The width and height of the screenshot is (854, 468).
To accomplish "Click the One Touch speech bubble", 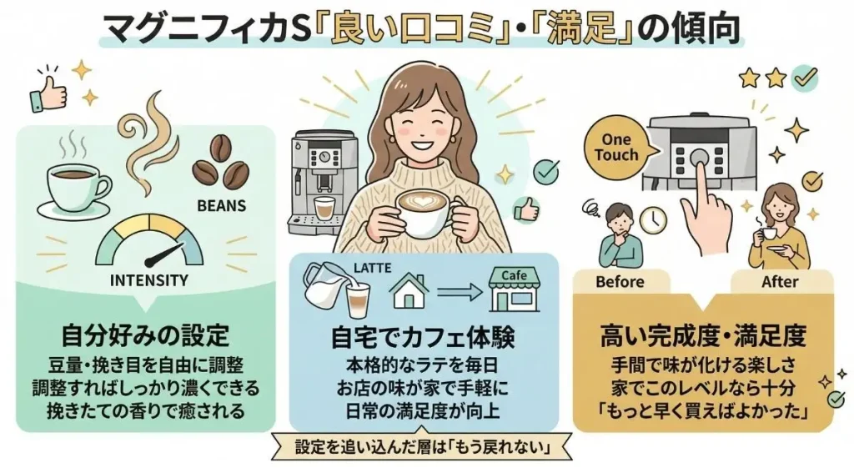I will (615, 148).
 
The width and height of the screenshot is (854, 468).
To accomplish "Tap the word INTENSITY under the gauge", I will (148, 280).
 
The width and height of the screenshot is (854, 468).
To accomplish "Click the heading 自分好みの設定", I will (145, 336).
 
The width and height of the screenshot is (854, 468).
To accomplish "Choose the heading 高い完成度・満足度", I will (702, 337).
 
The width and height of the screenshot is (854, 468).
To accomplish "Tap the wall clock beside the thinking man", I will (655, 219).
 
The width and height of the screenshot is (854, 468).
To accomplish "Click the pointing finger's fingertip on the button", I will (698, 158).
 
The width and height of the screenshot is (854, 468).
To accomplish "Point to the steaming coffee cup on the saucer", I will (77, 185).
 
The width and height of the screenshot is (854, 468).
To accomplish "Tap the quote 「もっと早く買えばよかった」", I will (702, 410).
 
